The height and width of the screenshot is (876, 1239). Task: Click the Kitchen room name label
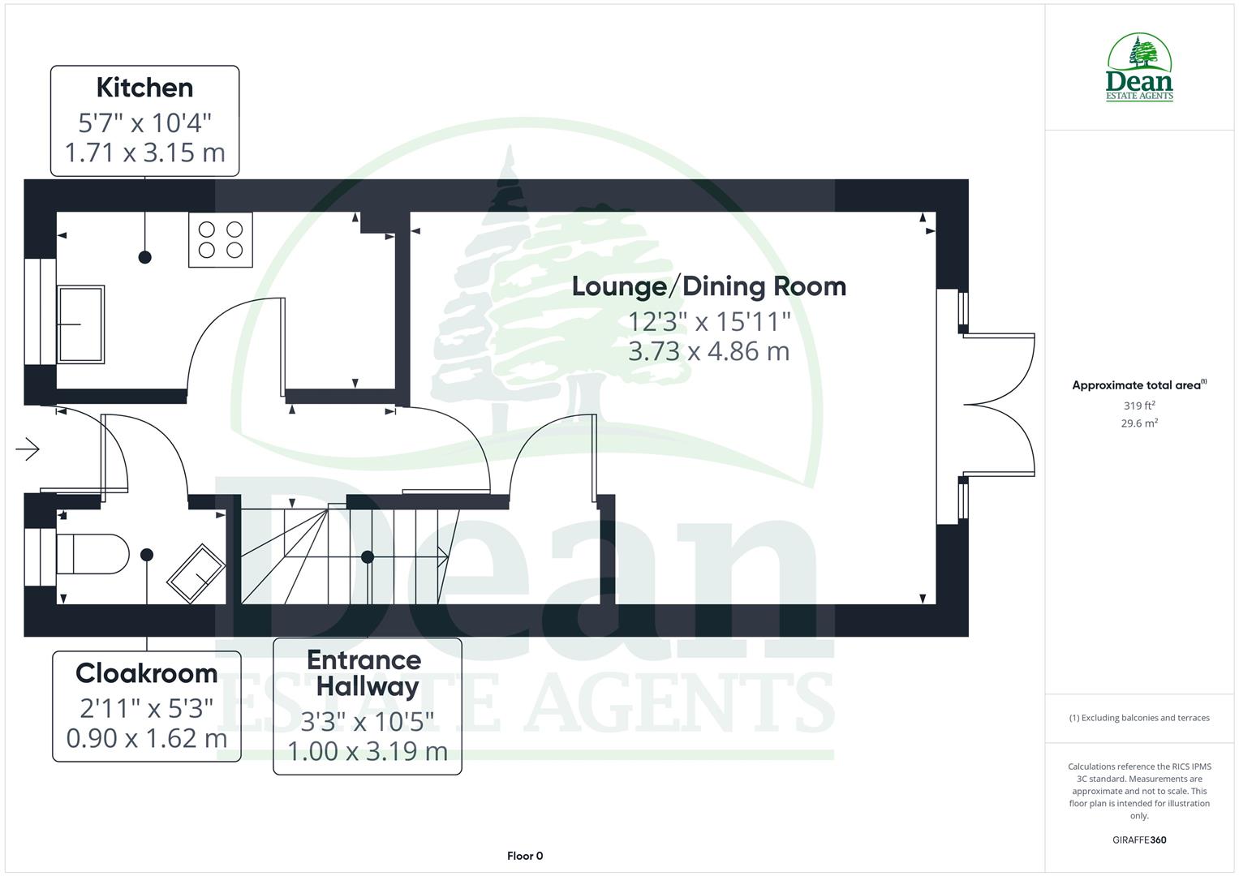tap(144, 88)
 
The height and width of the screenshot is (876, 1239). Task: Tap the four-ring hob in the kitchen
tap(221, 239)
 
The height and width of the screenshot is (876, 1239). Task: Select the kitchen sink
tap(80, 324)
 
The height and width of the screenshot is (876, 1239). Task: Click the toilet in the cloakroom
tap(92, 554)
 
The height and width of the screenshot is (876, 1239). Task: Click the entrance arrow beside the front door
tap(28, 449)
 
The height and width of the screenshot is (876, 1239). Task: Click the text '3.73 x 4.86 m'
tap(708, 351)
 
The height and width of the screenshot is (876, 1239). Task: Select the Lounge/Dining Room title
tap(708, 286)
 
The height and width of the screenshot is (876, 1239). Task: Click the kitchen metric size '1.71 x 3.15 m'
tap(144, 152)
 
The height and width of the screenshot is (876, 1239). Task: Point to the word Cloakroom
tap(146, 673)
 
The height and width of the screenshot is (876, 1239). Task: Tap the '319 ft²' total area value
tap(1139, 406)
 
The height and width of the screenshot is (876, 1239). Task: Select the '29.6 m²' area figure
tap(1139, 423)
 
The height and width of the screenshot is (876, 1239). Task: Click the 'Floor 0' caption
tap(525, 856)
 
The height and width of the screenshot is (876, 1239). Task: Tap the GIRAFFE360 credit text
tap(1139, 839)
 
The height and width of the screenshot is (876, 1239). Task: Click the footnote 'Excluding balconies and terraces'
tap(1139, 718)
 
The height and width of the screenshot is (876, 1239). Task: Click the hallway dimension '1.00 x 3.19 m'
tap(367, 751)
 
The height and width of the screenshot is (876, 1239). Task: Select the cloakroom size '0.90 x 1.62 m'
tap(146, 739)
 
